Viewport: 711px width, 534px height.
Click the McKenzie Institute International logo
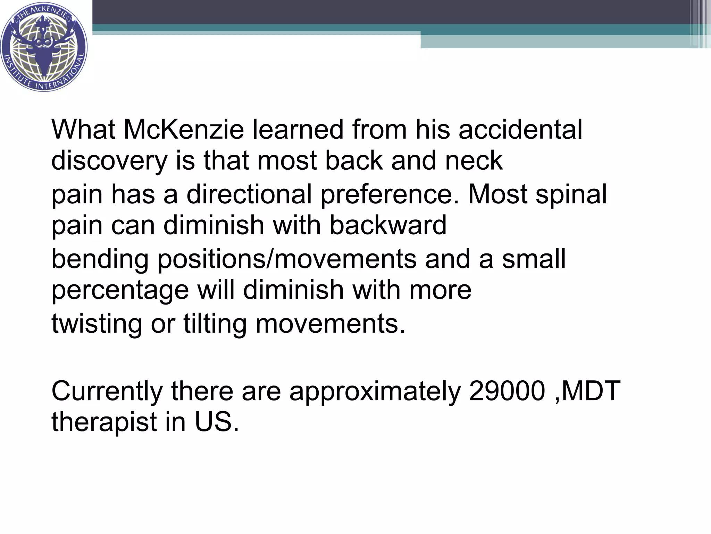pos(44,47)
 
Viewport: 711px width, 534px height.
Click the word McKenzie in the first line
pos(184,130)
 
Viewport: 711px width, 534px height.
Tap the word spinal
pos(571,194)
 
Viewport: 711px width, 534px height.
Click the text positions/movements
pos(287,260)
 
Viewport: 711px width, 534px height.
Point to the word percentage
pos(120,290)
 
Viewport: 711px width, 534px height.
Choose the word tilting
pos(215,324)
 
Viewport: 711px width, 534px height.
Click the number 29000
pos(507,391)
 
